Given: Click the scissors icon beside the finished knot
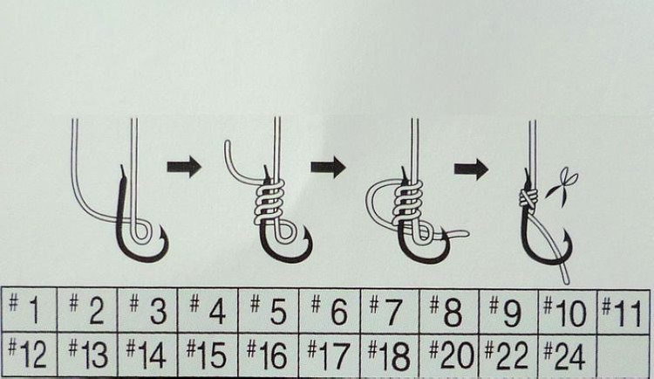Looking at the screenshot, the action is pyautogui.click(x=562, y=185).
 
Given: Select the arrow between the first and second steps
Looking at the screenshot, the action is pyautogui.click(x=184, y=167).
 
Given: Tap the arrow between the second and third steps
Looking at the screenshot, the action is pyautogui.click(x=328, y=167).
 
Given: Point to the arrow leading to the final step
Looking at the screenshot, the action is pyautogui.click(x=471, y=169).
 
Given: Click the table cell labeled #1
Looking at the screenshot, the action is pyautogui.click(x=29, y=309).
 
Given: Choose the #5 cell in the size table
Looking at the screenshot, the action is pyautogui.click(x=269, y=309).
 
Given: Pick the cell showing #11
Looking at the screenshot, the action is pyautogui.click(x=623, y=309).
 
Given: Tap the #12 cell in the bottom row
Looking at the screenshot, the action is pyautogui.click(x=29, y=355).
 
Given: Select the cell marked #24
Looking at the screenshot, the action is pyautogui.click(x=568, y=355).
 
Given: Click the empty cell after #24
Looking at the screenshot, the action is pyautogui.click(x=623, y=355).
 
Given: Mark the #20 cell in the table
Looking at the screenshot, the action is pyautogui.click(x=449, y=355).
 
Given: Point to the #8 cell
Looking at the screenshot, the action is pyautogui.click(x=449, y=310).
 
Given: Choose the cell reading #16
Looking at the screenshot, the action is pyautogui.click(x=269, y=355).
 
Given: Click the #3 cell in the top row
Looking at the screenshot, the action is pyautogui.click(x=147, y=309).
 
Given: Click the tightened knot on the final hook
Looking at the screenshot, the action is pyautogui.click(x=528, y=197).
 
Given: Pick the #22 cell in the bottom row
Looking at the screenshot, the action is pyautogui.click(x=509, y=355).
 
